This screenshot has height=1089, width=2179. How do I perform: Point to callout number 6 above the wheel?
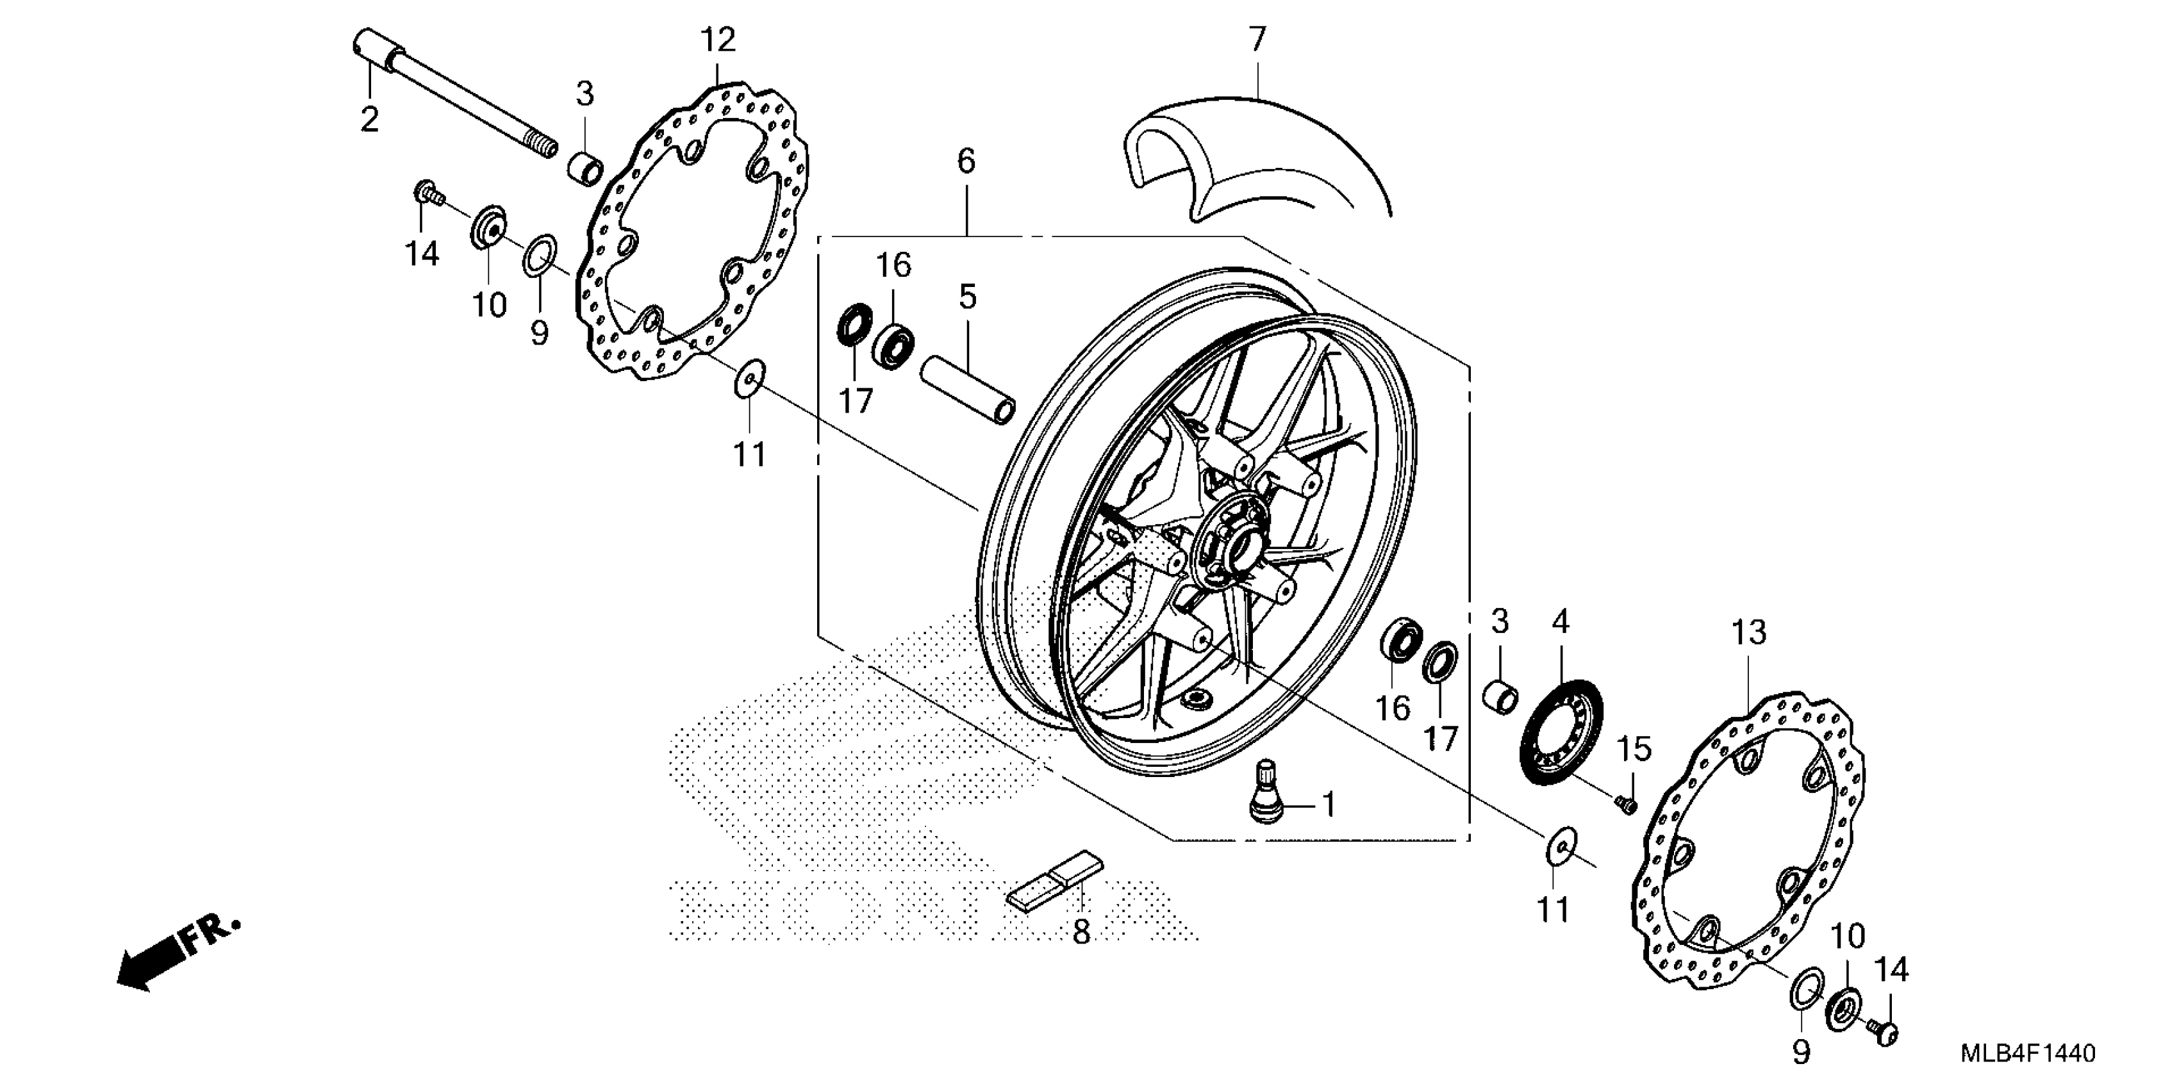pos(966,161)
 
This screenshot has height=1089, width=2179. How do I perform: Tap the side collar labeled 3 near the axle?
pos(584,166)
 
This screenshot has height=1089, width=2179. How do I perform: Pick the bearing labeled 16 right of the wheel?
pos(1402,641)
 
